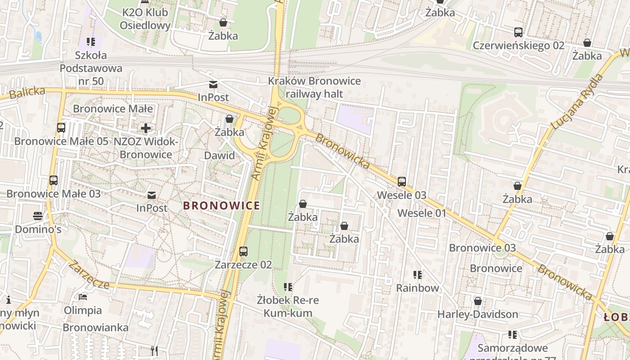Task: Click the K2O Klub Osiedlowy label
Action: (145, 19)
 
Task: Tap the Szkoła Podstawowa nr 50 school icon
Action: (91, 42)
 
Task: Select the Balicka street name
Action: (27, 93)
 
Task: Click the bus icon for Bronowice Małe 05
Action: (61, 128)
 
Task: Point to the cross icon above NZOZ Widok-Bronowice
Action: (146, 128)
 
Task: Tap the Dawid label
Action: (220, 156)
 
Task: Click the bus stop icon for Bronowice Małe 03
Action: (54, 180)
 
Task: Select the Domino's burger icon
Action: (38, 216)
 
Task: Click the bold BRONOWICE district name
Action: (221, 206)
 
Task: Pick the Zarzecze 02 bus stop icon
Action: (243, 252)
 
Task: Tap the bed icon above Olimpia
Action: (83, 297)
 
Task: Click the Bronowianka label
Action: (95, 328)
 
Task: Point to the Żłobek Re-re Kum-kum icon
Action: (288, 287)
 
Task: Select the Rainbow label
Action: (417, 288)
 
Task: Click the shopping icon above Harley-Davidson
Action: (478, 301)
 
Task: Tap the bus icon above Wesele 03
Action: (402, 182)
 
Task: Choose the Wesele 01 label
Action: (422, 213)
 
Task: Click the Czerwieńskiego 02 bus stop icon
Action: (518, 32)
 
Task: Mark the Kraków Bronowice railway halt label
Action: (314, 87)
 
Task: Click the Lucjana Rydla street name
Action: (577, 102)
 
